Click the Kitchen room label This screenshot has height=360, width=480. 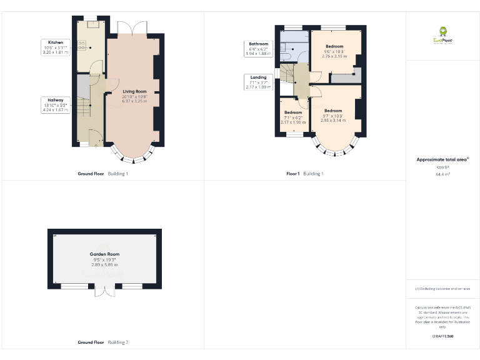coord(55,42)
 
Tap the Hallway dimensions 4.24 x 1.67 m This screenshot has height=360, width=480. coord(56,110)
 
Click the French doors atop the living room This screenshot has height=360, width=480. coord(132,29)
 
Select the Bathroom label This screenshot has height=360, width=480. coord(259,44)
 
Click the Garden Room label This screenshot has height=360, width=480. coord(104,254)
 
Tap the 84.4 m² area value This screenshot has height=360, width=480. coord(442,174)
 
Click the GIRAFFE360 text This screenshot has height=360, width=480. coord(442,336)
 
